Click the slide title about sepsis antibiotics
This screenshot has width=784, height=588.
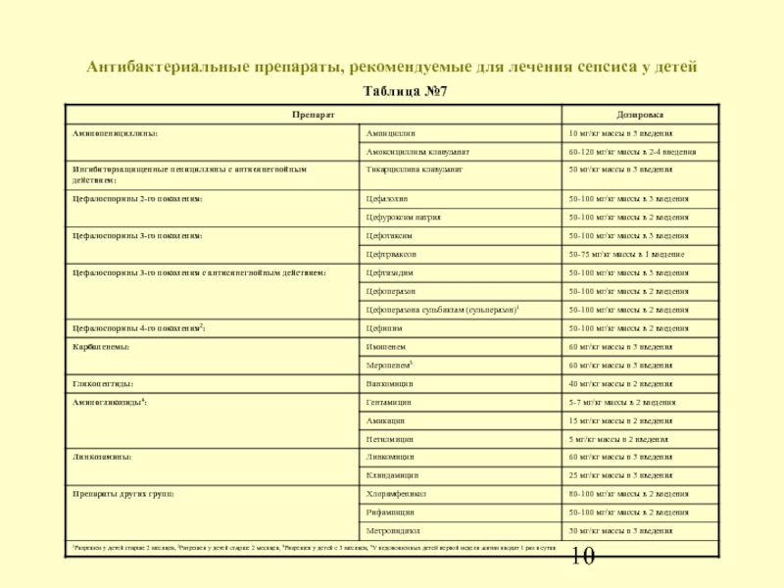[391, 68]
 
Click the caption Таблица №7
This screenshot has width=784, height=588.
[391, 93]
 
